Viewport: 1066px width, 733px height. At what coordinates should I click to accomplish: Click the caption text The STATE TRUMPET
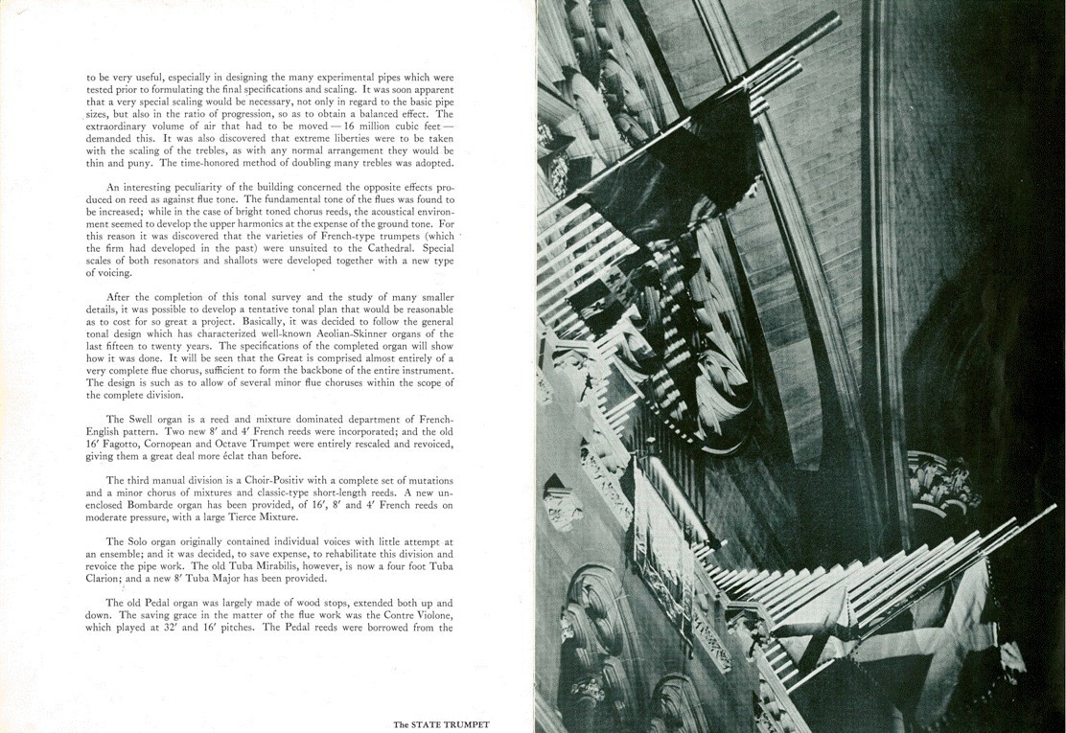click(448, 725)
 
